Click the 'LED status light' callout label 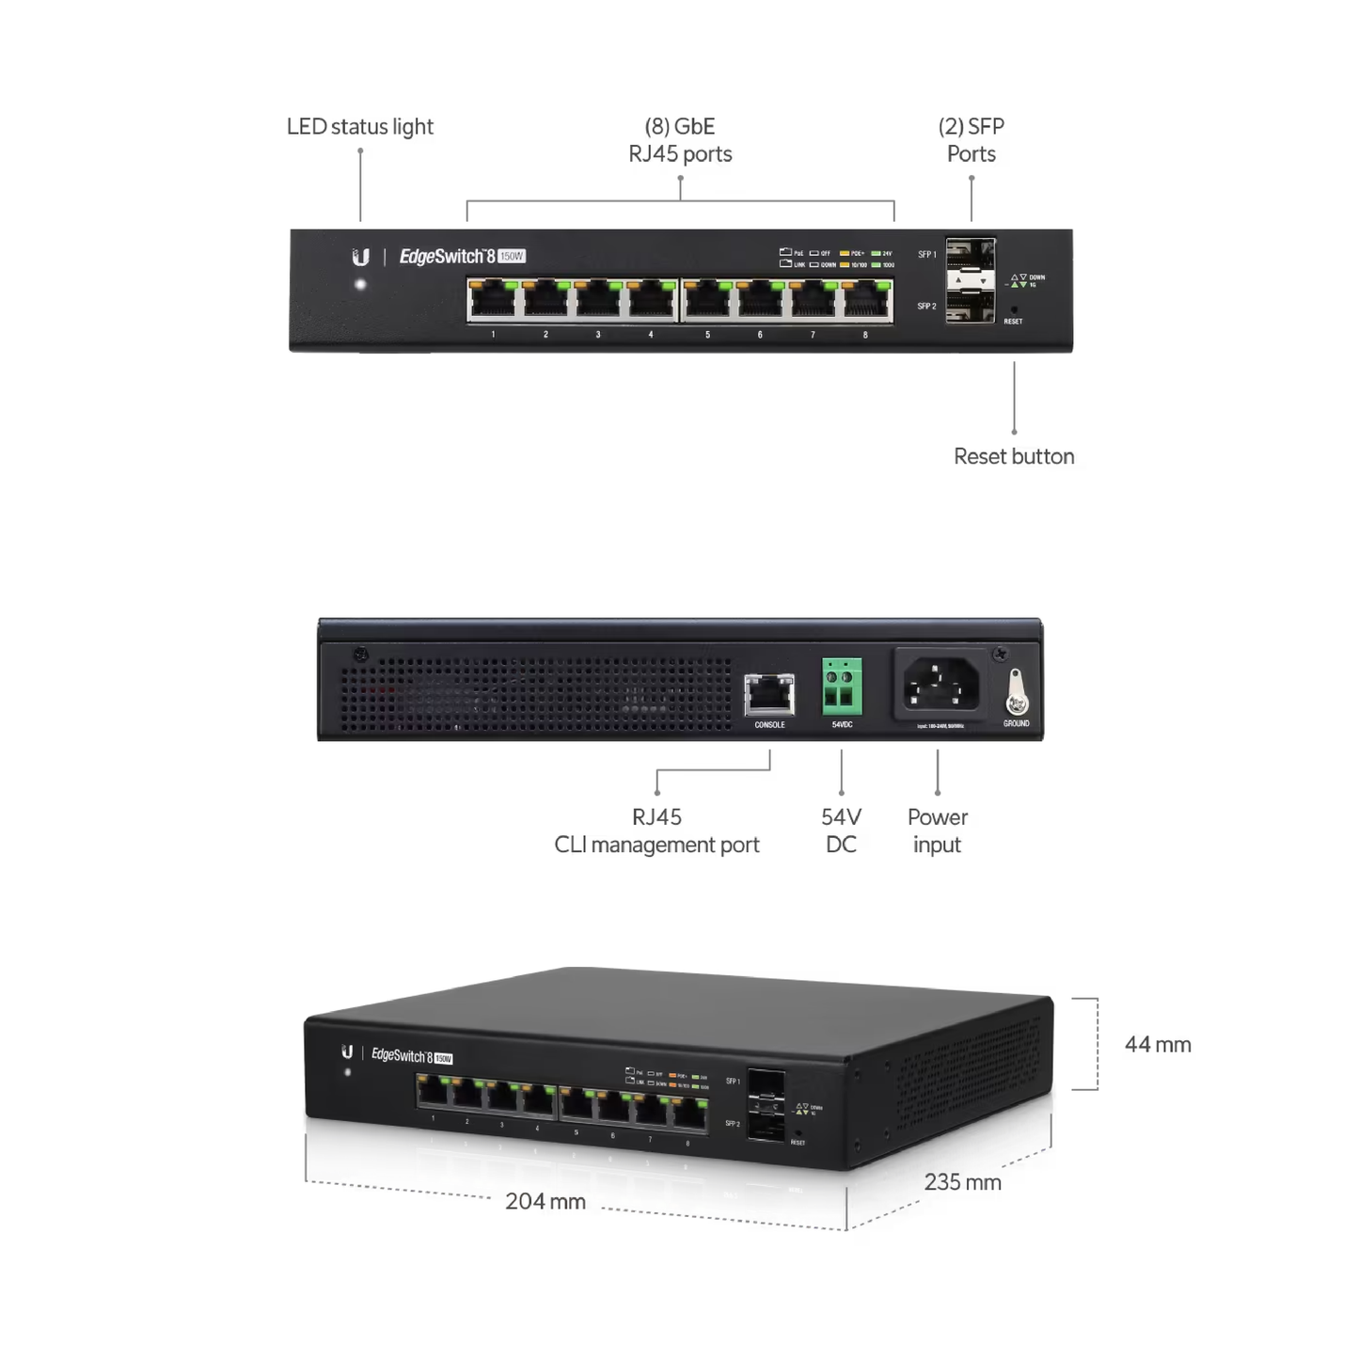point(359,127)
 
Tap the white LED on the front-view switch point(360,284)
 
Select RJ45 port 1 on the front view point(493,301)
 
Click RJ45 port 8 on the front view point(865,301)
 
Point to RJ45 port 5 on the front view point(707,301)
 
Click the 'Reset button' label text point(1013,456)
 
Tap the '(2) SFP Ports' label point(971,140)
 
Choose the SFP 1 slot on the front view point(970,256)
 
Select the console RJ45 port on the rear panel point(769,695)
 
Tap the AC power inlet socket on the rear point(940,684)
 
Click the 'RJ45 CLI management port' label point(656,831)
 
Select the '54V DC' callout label point(841,831)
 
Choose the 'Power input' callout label point(937,831)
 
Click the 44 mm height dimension point(1158,1045)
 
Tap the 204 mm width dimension point(545,1201)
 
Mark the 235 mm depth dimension point(962,1182)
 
